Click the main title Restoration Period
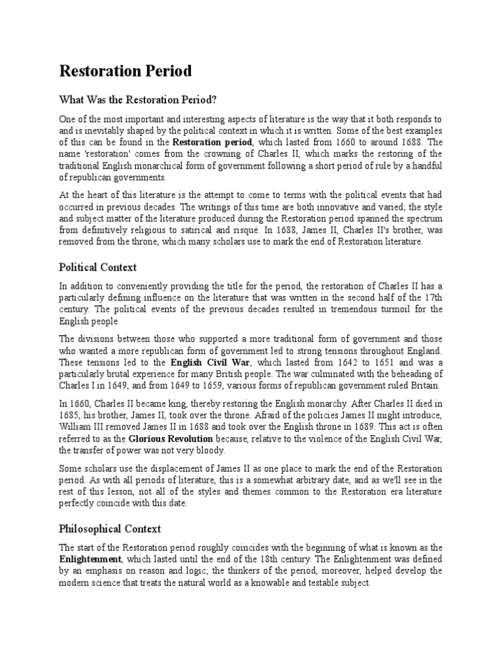click(x=125, y=71)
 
